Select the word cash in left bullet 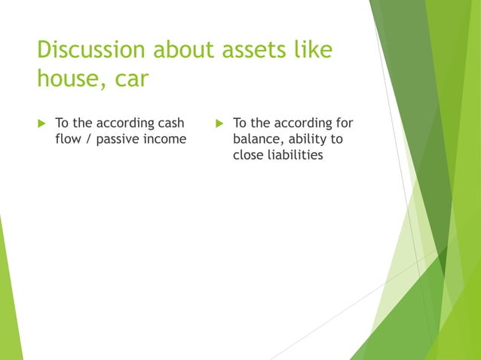tap(169, 123)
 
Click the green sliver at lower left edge tap(9, 301)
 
